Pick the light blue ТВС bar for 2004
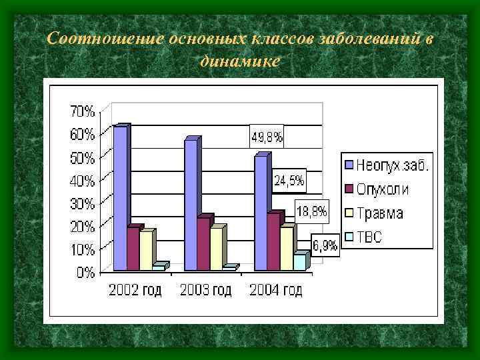coord(299,262)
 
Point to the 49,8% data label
coord(267,138)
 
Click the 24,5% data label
coord(289,180)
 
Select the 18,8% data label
coord(311,212)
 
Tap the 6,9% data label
coord(325,245)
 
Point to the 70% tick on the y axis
coord(83,111)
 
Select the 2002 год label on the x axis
coord(135,291)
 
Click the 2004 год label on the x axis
coord(275,291)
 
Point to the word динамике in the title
coord(239,60)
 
